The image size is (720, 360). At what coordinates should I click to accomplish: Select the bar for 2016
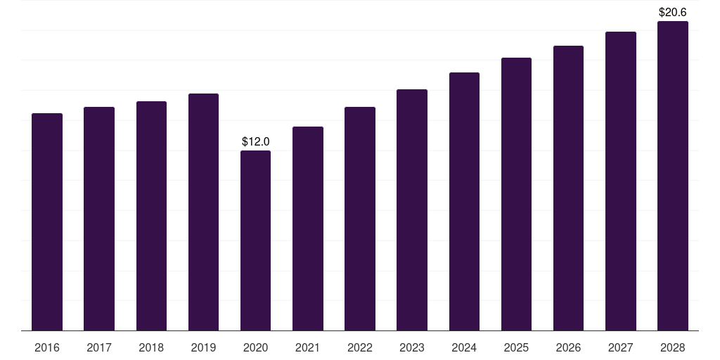coord(47,221)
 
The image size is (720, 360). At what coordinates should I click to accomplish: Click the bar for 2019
coord(203,212)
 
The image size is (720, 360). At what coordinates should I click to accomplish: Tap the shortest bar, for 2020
coord(255,240)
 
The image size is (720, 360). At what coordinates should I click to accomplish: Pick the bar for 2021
coord(308,229)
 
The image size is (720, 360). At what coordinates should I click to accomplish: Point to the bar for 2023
coord(412,210)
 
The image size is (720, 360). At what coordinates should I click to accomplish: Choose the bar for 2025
coord(516,194)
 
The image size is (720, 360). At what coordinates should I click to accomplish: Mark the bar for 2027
coord(620,181)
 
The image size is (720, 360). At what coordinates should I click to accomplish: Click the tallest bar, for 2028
coord(673,176)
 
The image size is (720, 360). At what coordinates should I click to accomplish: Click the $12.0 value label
coord(256,141)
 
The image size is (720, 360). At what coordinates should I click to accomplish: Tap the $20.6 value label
coord(673,13)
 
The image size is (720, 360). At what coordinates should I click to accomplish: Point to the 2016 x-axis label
coord(47,347)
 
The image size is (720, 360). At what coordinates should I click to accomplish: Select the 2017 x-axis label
coord(99,347)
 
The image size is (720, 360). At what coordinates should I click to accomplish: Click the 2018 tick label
coord(151,347)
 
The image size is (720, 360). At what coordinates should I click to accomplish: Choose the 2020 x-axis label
coord(255,347)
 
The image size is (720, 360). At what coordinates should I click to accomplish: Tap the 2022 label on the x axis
coord(359,347)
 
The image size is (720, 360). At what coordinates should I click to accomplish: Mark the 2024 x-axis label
coord(464,347)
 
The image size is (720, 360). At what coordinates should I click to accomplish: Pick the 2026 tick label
coord(568,347)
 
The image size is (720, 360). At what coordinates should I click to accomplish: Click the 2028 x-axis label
coord(673,347)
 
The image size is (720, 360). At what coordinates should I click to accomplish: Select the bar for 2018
coord(151,216)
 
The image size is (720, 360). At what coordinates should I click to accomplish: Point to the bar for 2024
coord(464,202)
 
